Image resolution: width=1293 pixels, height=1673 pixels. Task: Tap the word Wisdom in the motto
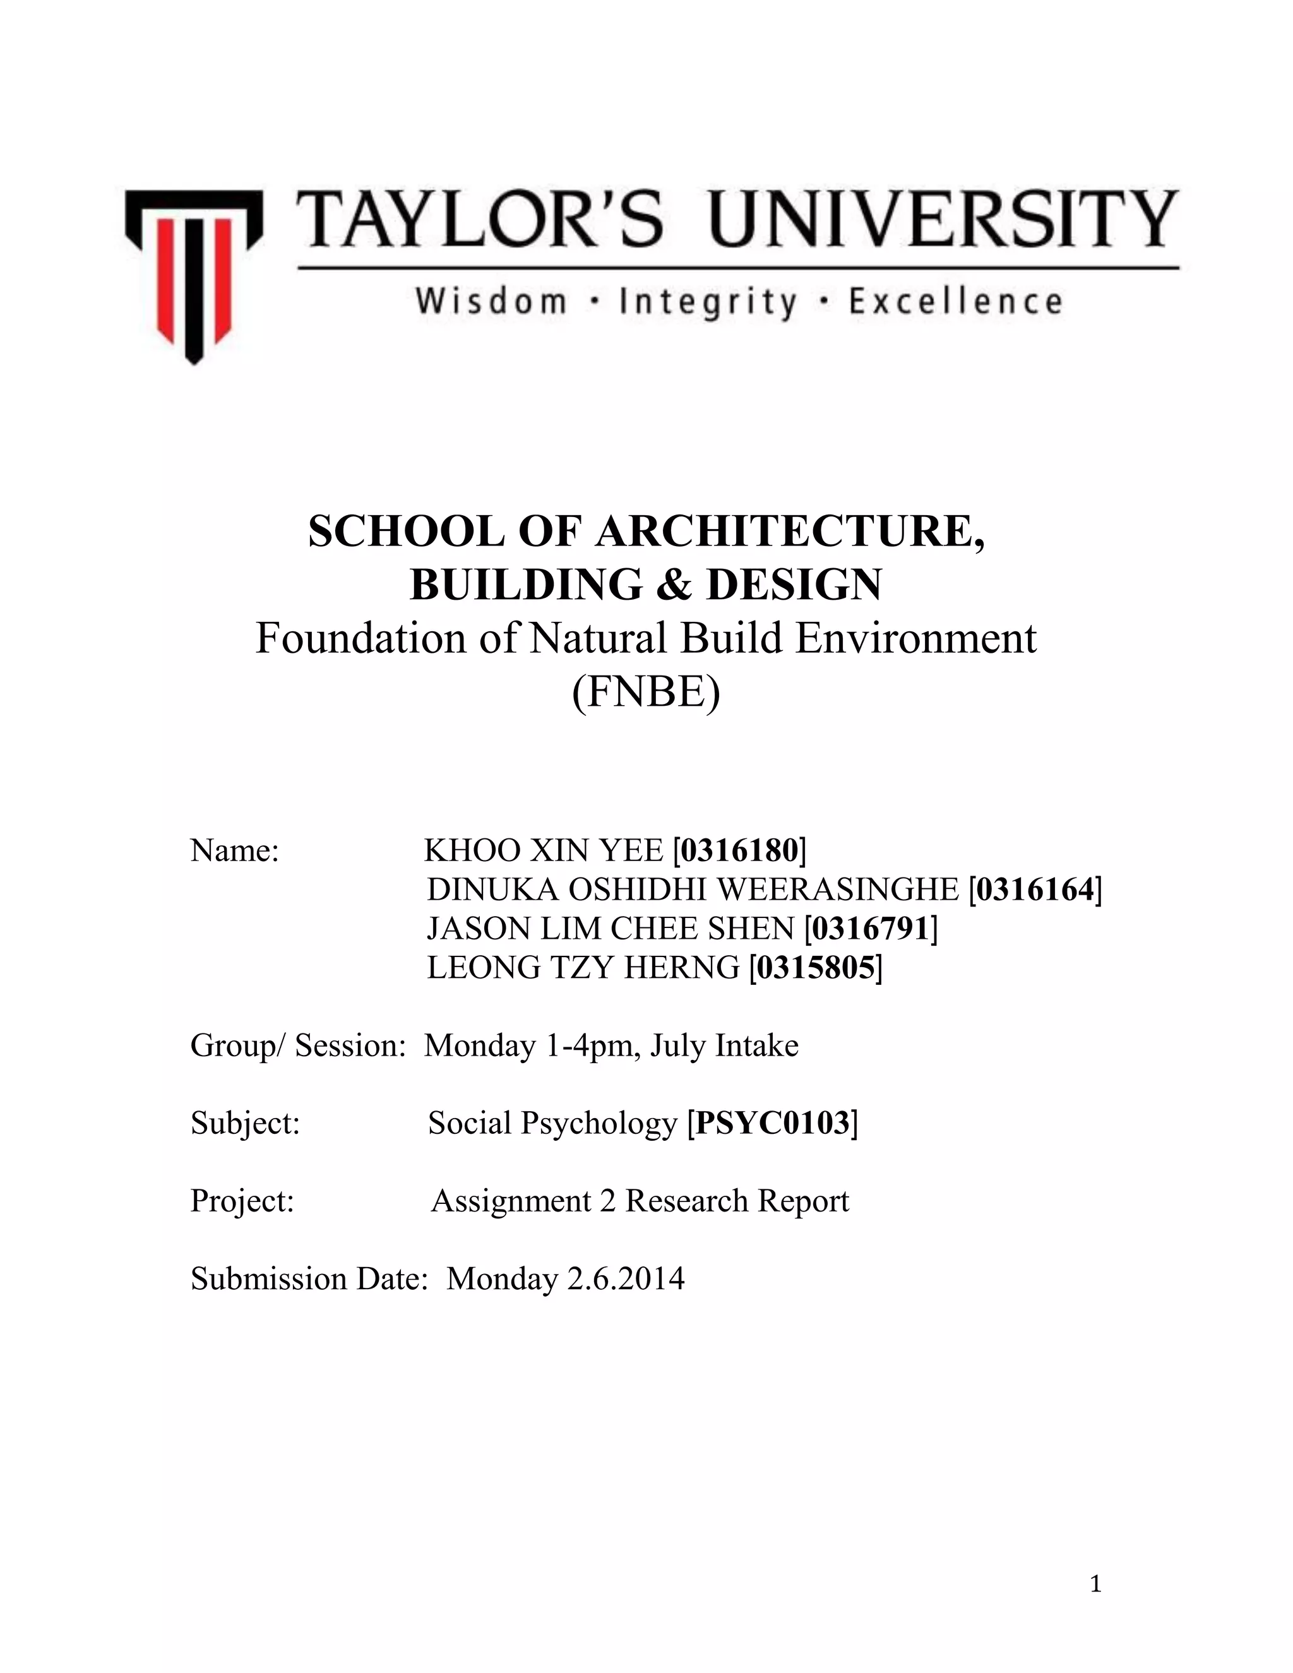(x=491, y=301)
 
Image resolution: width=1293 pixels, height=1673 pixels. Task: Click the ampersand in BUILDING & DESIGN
(x=672, y=585)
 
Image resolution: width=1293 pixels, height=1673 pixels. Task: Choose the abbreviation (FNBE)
(x=646, y=693)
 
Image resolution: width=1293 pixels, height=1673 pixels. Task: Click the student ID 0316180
(x=740, y=850)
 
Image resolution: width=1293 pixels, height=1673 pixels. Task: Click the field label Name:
(x=234, y=850)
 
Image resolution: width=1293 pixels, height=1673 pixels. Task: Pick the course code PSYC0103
(x=773, y=1123)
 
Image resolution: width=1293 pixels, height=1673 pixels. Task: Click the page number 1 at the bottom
(x=1095, y=1583)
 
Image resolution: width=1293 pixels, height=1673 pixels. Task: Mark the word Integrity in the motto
(x=709, y=301)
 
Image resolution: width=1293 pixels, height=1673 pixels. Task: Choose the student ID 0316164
(x=1035, y=890)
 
